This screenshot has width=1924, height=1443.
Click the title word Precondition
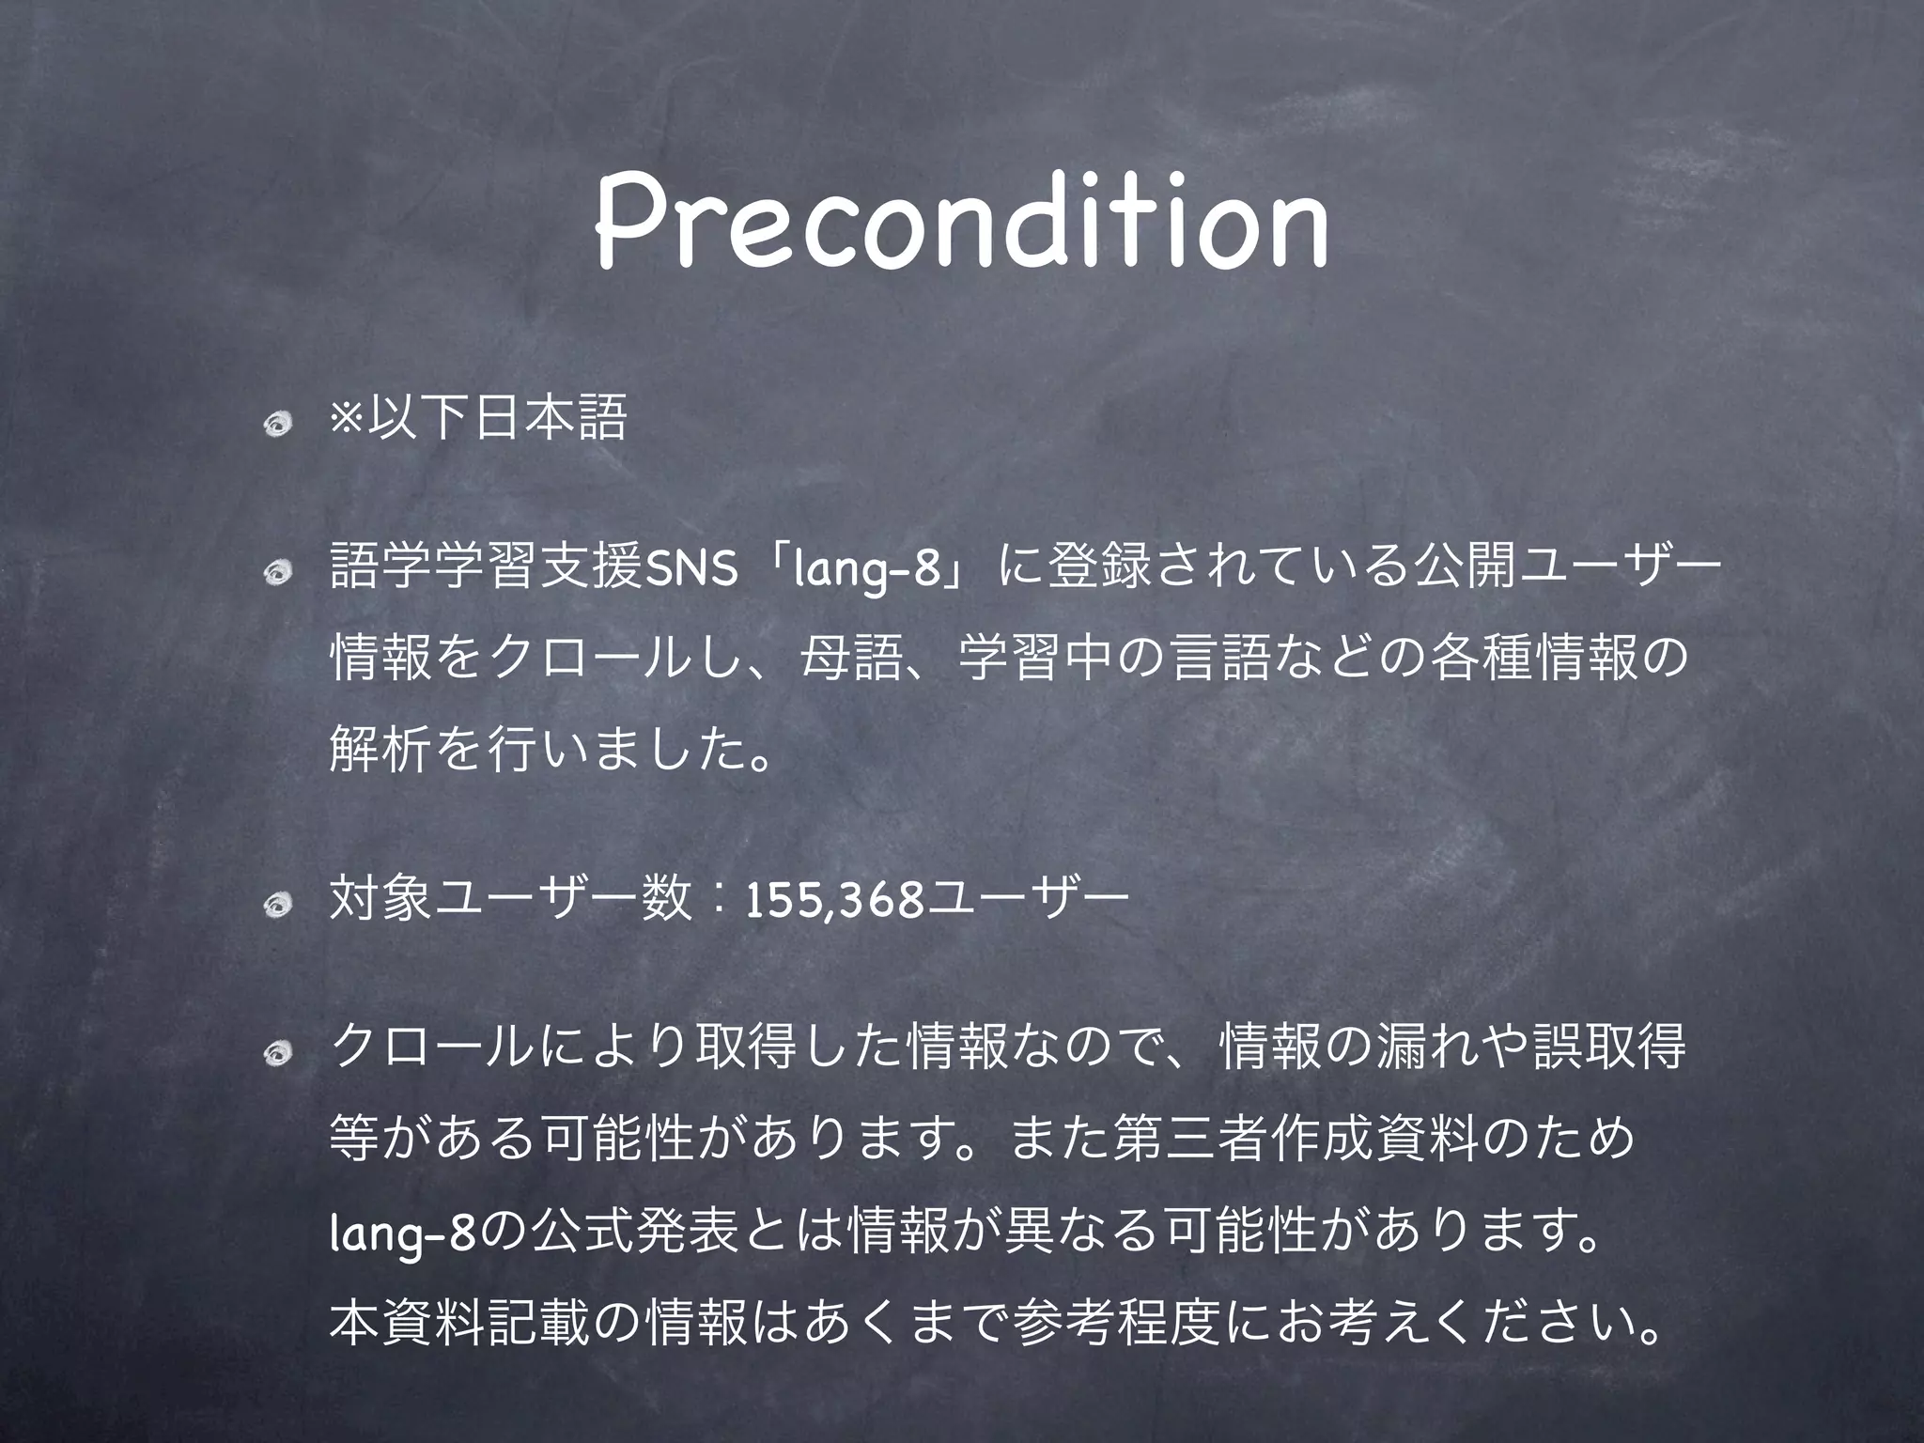coord(961,224)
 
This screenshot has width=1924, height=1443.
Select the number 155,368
coord(832,904)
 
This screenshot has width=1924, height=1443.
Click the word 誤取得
coord(1608,1050)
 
